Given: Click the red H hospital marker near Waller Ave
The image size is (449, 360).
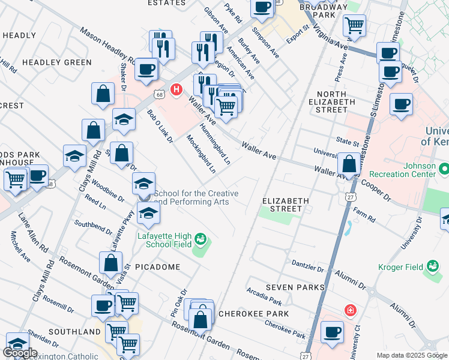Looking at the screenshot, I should (176, 90).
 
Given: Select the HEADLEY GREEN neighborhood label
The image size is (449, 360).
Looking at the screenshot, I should (57, 62).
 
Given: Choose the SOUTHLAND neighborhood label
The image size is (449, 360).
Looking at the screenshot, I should (74, 331).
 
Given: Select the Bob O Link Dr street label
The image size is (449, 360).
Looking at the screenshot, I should (160, 126).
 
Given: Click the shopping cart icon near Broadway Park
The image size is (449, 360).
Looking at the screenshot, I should (354, 25).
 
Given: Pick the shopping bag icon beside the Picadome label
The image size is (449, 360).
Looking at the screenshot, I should (111, 262).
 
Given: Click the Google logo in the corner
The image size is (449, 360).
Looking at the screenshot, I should (20, 353).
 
